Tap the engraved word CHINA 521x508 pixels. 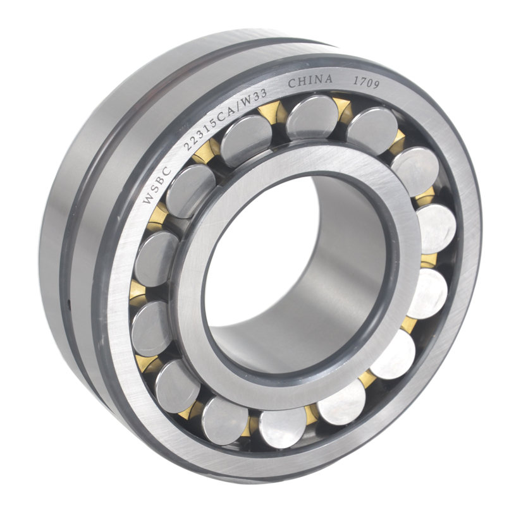click(310, 81)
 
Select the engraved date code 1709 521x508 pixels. click(366, 83)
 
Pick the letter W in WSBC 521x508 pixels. click(148, 198)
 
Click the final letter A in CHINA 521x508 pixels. click(328, 79)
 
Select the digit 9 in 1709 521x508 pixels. click(375, 85)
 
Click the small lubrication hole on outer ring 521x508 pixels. click(69, 303)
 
